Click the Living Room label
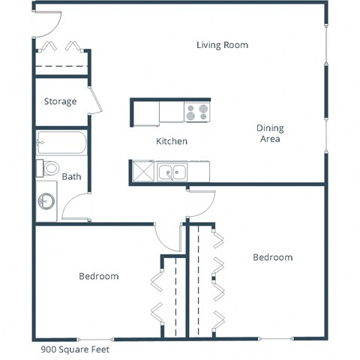tap(222, 45)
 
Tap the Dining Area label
tap(270, 133)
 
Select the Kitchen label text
tap(171, 141)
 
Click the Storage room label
tap(60, 101)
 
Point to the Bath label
tap(71, 177)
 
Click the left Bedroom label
tap(98, 276)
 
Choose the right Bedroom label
tap(271, 257)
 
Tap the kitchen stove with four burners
tap(196, 112)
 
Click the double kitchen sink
tap(172, 172)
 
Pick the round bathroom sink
tap(47, 201)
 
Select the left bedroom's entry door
tap(166, 238)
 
